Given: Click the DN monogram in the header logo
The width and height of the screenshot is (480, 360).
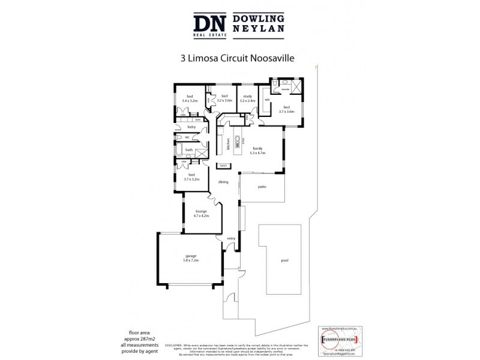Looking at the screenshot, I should (209, 25).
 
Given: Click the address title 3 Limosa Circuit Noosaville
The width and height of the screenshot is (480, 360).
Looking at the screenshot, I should (239, 59).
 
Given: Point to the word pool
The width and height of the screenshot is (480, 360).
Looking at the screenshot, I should (284, 260).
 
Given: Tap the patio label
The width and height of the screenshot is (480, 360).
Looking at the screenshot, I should (262, 187).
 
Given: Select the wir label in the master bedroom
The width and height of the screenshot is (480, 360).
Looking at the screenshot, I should (266, 99).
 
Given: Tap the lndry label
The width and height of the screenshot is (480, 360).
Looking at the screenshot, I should (191, 127).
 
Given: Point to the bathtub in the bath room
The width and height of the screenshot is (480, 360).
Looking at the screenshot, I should (179, 150).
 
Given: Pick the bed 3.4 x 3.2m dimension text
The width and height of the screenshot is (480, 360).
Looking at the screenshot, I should (190, 101).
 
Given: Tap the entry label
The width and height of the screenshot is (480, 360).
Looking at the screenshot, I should (230, 239).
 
